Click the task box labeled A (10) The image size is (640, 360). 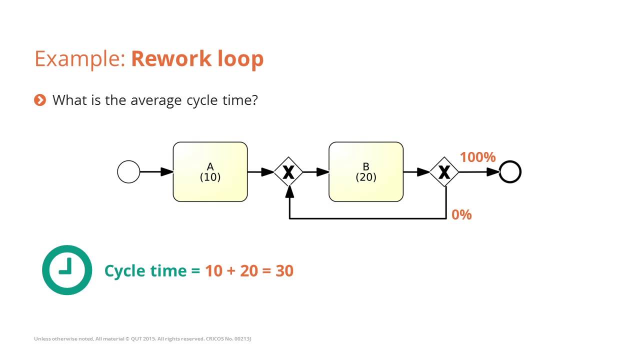210,172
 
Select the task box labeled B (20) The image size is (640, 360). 365,172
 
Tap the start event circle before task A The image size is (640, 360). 128,172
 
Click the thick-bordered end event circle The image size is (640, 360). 510,172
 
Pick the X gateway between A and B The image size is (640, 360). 288,172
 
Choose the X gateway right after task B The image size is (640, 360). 444,172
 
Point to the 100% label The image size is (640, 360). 477,157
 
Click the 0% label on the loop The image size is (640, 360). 461,214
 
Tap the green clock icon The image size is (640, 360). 67,270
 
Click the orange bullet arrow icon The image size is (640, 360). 40,100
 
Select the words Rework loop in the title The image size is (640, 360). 197,59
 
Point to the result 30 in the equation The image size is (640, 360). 284,270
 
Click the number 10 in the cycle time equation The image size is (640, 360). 213,270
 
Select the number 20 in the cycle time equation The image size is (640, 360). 248,270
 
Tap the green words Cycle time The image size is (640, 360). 145,270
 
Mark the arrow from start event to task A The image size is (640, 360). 156,172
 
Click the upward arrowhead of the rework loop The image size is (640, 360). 289,190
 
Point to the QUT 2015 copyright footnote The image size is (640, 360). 142,339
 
